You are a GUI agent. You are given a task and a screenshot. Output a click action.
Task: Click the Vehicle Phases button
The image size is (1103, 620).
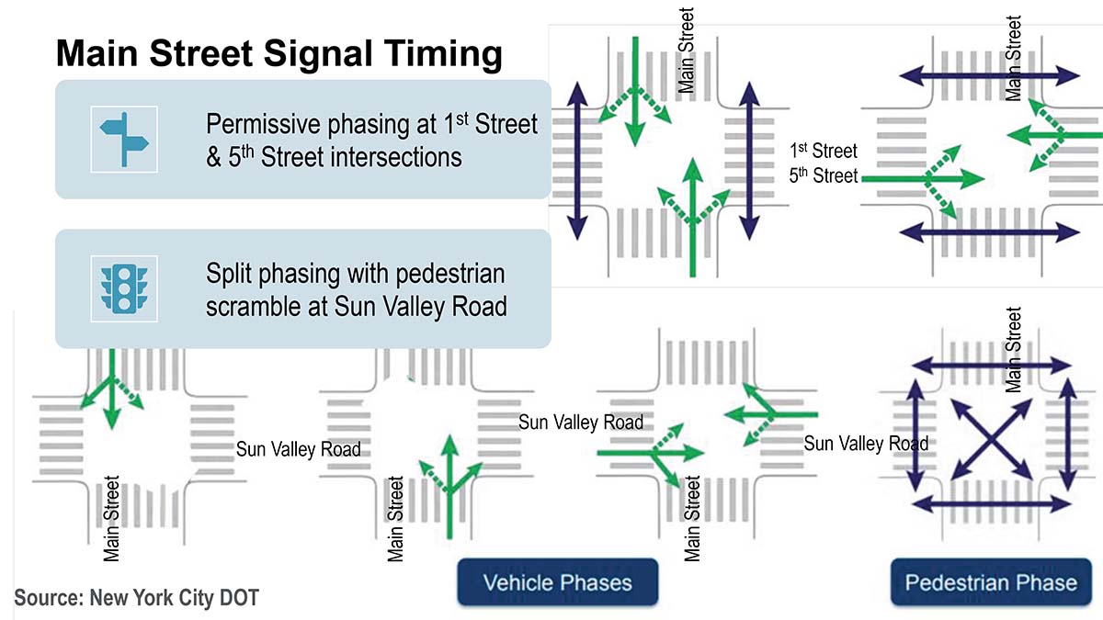click(x=557, y=582)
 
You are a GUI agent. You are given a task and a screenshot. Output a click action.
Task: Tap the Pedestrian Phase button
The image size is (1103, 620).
click(x=991, y=582)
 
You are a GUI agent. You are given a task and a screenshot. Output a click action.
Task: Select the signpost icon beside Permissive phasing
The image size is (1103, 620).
click(x=124, y=140)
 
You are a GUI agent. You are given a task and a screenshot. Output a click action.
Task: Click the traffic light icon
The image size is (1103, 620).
click(x=124, y=288)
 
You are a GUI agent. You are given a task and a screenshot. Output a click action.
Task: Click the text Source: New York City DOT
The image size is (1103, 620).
click(x=136, y=598)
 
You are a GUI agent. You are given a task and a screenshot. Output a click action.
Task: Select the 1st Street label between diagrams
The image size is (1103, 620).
click(x=824, y=151)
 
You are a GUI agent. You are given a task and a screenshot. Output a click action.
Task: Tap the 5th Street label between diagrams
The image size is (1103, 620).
click(x=824, y=175)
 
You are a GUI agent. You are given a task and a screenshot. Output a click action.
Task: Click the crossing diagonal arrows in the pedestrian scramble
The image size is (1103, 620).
click(x=991, y=439)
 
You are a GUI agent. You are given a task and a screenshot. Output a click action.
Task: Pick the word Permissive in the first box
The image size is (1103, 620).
click(x=264, y=124)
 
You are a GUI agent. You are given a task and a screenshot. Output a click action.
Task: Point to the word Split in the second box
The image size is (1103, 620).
click(x=229, y=274)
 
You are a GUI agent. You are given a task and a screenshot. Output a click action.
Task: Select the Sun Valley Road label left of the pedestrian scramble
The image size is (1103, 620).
click(x=866, y=444)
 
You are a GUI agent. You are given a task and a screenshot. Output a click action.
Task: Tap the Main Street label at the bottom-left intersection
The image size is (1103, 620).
click(x=111, y=519)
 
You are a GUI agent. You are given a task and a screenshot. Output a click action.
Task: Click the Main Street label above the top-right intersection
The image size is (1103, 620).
click(x=1013, y=58)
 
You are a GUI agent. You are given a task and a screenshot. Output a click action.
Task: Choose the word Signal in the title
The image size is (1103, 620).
click(x=318, y=54)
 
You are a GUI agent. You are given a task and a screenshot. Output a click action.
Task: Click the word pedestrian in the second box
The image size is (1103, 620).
click(x=450, y=274)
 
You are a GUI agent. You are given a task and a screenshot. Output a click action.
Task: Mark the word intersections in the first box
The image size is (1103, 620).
click(x=361, y=157)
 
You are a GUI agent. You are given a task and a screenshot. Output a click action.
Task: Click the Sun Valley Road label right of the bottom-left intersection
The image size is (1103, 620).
click(x=299, y=449)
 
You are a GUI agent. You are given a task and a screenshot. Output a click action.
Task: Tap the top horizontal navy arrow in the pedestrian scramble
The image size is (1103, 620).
click(x=991, y=366)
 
